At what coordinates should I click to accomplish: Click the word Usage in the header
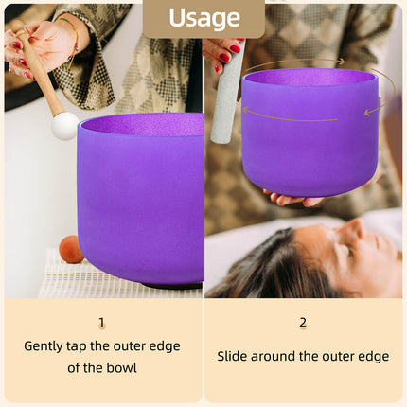pyautogui.click(x=203, y=17)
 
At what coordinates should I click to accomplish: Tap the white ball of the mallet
pyautogui.click(x=64, y=126)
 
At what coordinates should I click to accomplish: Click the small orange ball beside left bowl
pyautogui.click(x=70, y=249)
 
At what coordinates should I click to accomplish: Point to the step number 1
pyautogui.click(x=101, y=322)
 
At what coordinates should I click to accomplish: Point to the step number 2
pyautogui.click(x=303, y=322)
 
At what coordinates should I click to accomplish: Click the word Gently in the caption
pyautogui.click(x=45, y=346)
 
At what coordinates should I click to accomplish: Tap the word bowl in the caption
pyautogui.click(x=121, y=367)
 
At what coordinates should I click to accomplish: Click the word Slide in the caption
pyautogui.click(x=234, y=357)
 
